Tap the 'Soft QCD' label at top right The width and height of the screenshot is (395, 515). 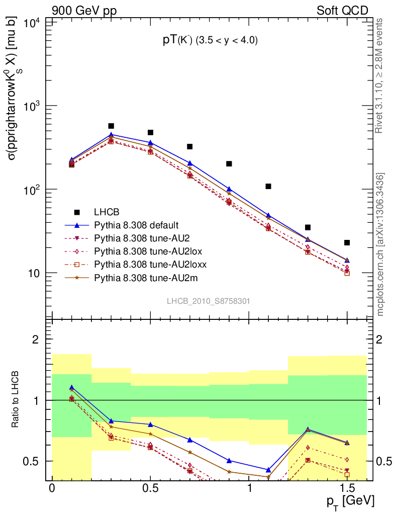pyautogui.click(x=342, y=10)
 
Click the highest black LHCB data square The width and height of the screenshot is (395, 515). pyautogui.click(x=111, y=126)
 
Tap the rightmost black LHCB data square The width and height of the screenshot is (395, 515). pyautogui.click(x=347, y=243)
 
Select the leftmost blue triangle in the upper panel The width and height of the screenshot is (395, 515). pyautogui.click(x=72, y=159)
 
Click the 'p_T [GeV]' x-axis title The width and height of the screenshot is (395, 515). pyautogui.click(x=349, y=502)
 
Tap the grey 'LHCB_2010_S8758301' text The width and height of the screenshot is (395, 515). pyautogui.click(x=209, y=301)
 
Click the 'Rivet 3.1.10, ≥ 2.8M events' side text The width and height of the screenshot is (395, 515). pyautogui.click(x=379, y=75)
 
